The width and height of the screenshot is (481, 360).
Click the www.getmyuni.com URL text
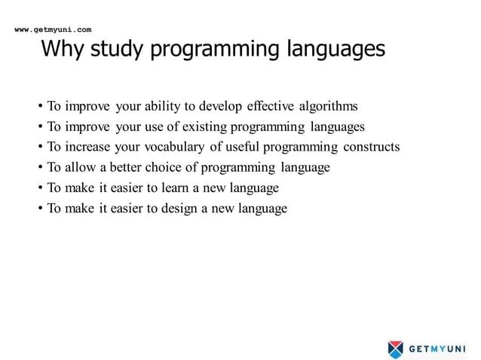point(53,29)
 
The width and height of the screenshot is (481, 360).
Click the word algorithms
point(327,106)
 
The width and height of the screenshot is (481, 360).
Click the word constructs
point(372,147)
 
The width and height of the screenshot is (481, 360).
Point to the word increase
point(88,147)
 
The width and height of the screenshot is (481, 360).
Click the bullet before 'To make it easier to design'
point(40,209)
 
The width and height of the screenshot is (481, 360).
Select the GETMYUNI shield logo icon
point(396,349)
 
